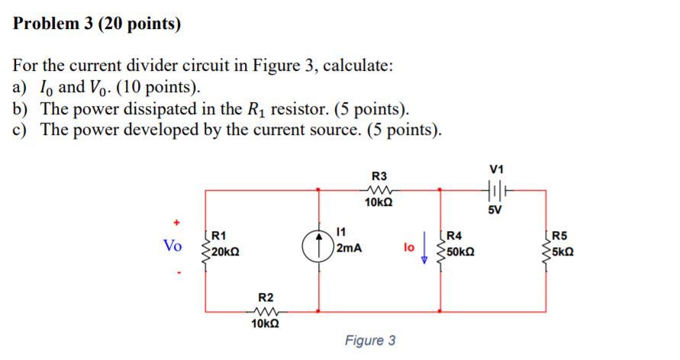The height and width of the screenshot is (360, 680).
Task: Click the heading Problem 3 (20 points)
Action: coord(97,24)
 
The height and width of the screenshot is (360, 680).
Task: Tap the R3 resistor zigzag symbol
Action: coord(379,190)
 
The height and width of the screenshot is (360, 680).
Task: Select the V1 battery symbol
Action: coord(497,190)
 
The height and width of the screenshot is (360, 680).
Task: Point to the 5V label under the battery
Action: coord(497,210)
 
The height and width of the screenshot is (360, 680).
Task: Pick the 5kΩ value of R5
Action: coord(563,252)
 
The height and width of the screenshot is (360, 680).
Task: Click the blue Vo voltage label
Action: coord(173,246)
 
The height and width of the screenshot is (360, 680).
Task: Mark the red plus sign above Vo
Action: coord(176,223)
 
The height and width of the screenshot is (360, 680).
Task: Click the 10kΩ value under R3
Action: coord(379,204)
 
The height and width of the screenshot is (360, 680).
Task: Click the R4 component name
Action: coord(454,236)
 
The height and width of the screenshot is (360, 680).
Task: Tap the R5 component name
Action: coord(559,236)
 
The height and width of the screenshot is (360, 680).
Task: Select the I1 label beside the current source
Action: coord(342,231)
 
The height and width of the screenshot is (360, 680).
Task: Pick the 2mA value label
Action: coord(348,249)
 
